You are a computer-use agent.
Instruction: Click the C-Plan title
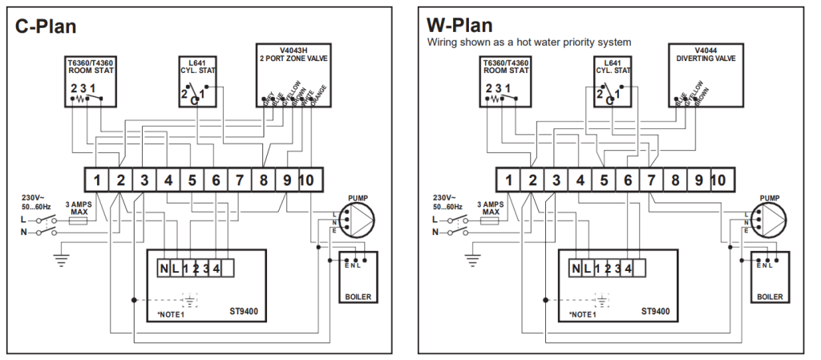(46, 26)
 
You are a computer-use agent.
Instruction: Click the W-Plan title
(459, 26)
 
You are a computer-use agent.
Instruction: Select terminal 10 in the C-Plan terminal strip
(306, 180)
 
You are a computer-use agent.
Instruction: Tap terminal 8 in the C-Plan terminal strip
(264, 180)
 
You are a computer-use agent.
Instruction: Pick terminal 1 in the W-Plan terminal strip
(508, 180)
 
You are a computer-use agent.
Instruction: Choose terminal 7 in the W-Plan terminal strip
(652, 180)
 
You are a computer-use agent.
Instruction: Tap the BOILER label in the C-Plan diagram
(357, 297)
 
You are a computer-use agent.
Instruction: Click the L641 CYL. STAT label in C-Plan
(198, 66)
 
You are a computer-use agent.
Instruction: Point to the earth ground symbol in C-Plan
(59, 259)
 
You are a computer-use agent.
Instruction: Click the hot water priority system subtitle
(529, 42)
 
